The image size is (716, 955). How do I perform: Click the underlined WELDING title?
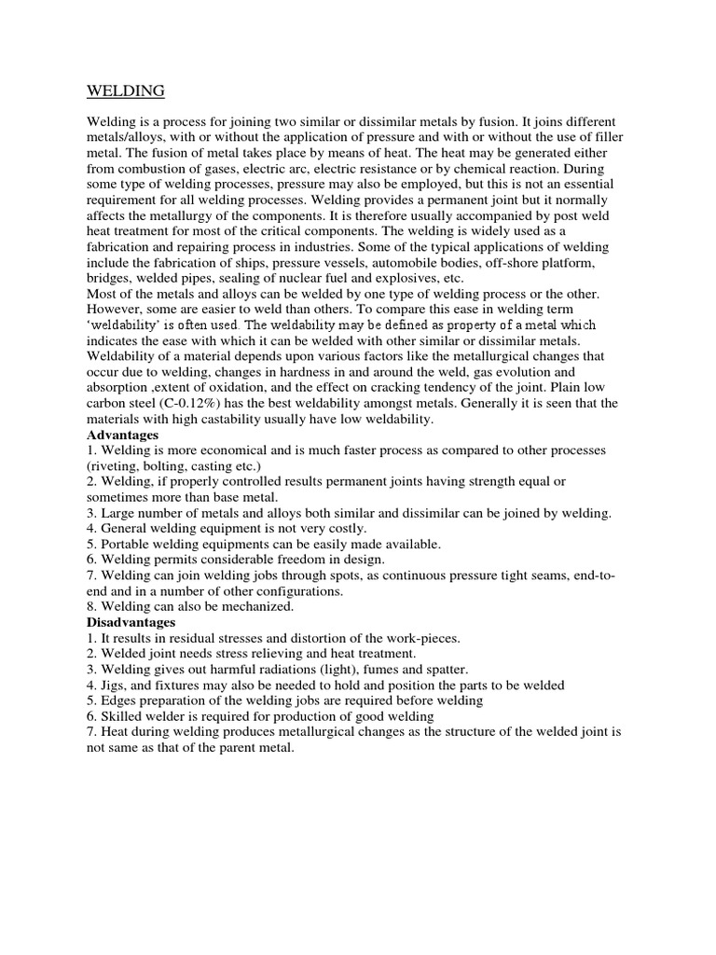click(x=126, y=90)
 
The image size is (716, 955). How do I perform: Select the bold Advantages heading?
click(x=122, y=436)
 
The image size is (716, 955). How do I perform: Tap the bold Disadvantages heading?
click(x=131, y=621)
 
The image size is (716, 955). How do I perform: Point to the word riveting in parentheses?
click(x=118, y=465)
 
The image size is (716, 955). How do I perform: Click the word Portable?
click(x=130, y=544)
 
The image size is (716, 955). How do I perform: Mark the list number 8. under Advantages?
click(x=92, y=606)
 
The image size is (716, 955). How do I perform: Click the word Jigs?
click(x=116, y=685)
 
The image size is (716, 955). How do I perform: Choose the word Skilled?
click(x=122, y=715)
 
